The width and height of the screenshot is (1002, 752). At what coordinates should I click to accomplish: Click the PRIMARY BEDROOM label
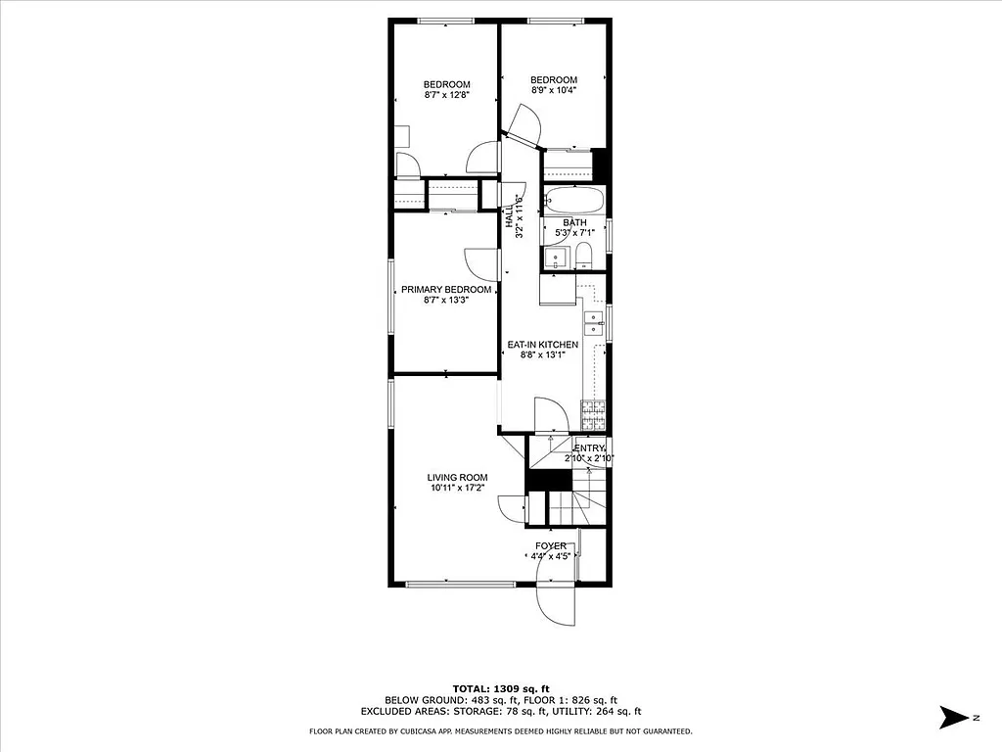point(445,290)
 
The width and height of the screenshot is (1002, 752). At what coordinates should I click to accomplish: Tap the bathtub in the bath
point(574,201)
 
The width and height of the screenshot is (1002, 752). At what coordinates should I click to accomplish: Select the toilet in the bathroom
point(584,258)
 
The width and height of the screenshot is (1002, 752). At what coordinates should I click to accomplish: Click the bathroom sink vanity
point(556,258)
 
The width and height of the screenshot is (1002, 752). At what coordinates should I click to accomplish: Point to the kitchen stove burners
point(594,415)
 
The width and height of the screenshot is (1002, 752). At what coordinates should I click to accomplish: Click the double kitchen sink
point(593,323)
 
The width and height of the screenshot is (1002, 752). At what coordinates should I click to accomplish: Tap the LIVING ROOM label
point(457,478)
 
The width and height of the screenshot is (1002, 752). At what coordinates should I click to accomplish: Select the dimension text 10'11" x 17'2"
point(457,488)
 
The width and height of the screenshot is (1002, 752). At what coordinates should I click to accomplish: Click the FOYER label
point(550,546)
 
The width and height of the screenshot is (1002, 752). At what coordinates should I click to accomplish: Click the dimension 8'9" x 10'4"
point(554,90)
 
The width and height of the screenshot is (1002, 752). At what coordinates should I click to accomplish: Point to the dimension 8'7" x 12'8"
point(446,95)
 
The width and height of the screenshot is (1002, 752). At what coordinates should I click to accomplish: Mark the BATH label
point(574,223)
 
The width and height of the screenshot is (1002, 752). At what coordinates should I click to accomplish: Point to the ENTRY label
point(589,448)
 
